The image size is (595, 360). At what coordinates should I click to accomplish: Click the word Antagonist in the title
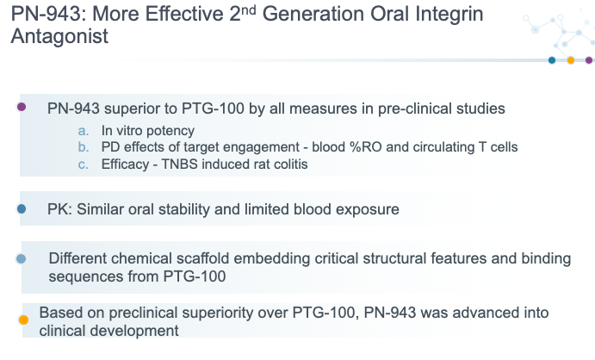[x=59, y=36]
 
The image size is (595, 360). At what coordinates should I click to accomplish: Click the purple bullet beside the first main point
[x=22, y=107]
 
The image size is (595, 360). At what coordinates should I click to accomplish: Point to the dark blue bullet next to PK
[x=22, y=208]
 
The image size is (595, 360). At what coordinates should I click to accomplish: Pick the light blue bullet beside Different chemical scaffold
[x=22, y=258]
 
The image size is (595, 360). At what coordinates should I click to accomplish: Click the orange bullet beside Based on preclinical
[x=23, y=320]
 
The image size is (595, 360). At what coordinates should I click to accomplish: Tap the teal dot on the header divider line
[x=552, y=60]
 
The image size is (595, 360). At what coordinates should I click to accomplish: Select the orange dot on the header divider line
[x=570, y=60]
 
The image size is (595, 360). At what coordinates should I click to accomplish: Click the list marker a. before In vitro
[x=84, y=131]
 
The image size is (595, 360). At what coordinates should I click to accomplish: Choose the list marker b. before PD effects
[x=84, y=147]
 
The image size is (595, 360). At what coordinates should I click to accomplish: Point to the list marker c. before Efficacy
[x=84, y=164]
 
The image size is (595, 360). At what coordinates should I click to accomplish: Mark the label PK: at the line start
[x=60, y=209]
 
